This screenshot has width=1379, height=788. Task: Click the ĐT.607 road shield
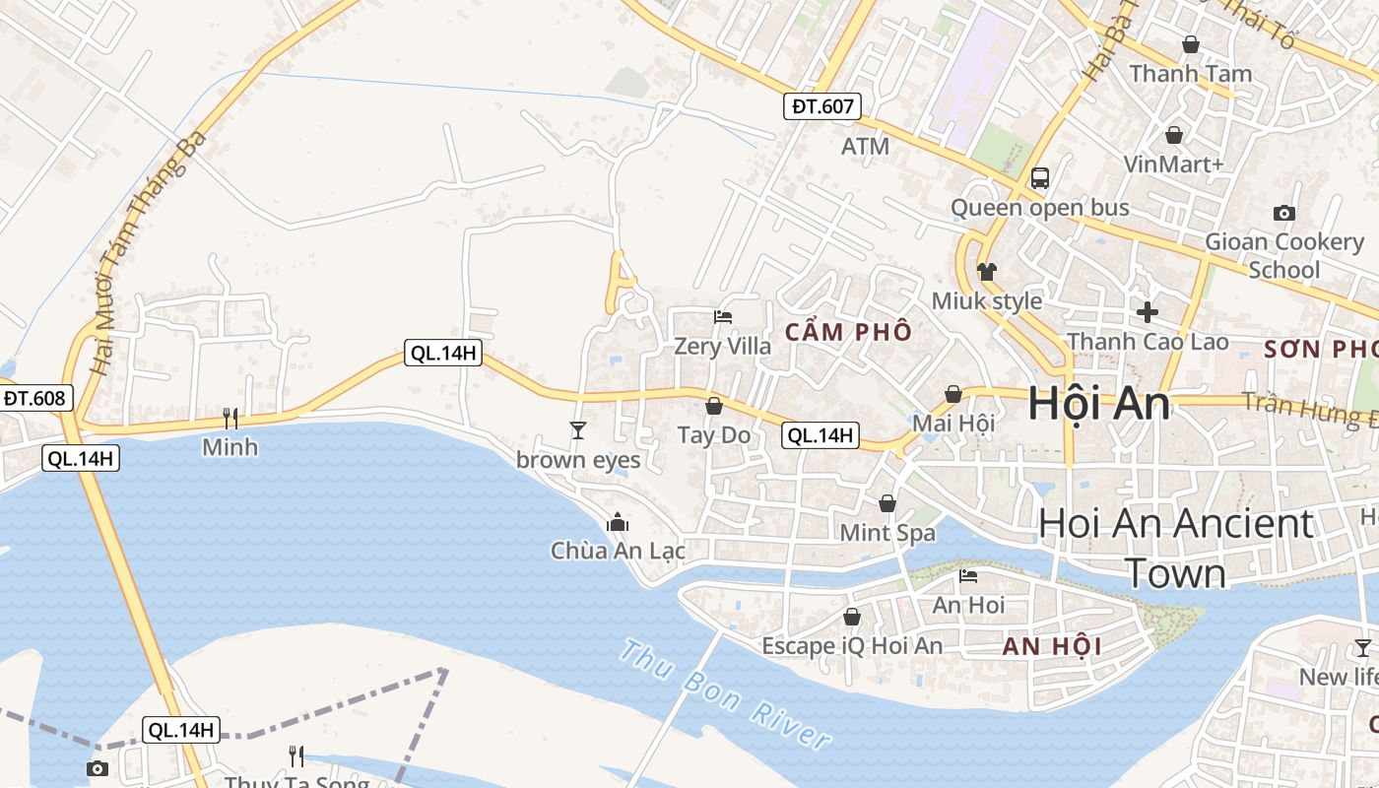(x=822, y=106)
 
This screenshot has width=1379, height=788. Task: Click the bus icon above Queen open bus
(x=1040, y=178)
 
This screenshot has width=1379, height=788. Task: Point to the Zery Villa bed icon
(x=723, y=317)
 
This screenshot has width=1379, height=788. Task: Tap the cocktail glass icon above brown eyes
(x=578, y=430)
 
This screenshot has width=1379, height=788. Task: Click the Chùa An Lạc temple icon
(x=618, y=522)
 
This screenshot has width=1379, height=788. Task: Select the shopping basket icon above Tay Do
(x=714, y=406)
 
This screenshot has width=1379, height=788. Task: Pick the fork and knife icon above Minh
(x=230, y=419)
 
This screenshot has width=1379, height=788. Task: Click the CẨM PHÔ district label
(x=848, y=333)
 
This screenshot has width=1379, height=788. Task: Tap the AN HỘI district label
(x=1052, y=647)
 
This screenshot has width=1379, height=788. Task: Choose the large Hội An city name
(x=1098, y=405)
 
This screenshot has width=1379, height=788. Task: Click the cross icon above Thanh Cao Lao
(x=1148, y=313)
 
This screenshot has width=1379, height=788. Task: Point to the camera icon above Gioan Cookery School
(x=1284, y=213)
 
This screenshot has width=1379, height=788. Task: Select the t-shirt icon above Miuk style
(x=987, y=272)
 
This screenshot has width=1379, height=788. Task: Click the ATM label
(x=865, y=147)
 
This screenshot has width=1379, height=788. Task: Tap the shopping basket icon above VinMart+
(x=1174, y=135)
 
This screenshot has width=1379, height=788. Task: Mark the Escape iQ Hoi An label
(x=852, y=646)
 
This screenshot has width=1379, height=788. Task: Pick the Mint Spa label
(x=887, y=533)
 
